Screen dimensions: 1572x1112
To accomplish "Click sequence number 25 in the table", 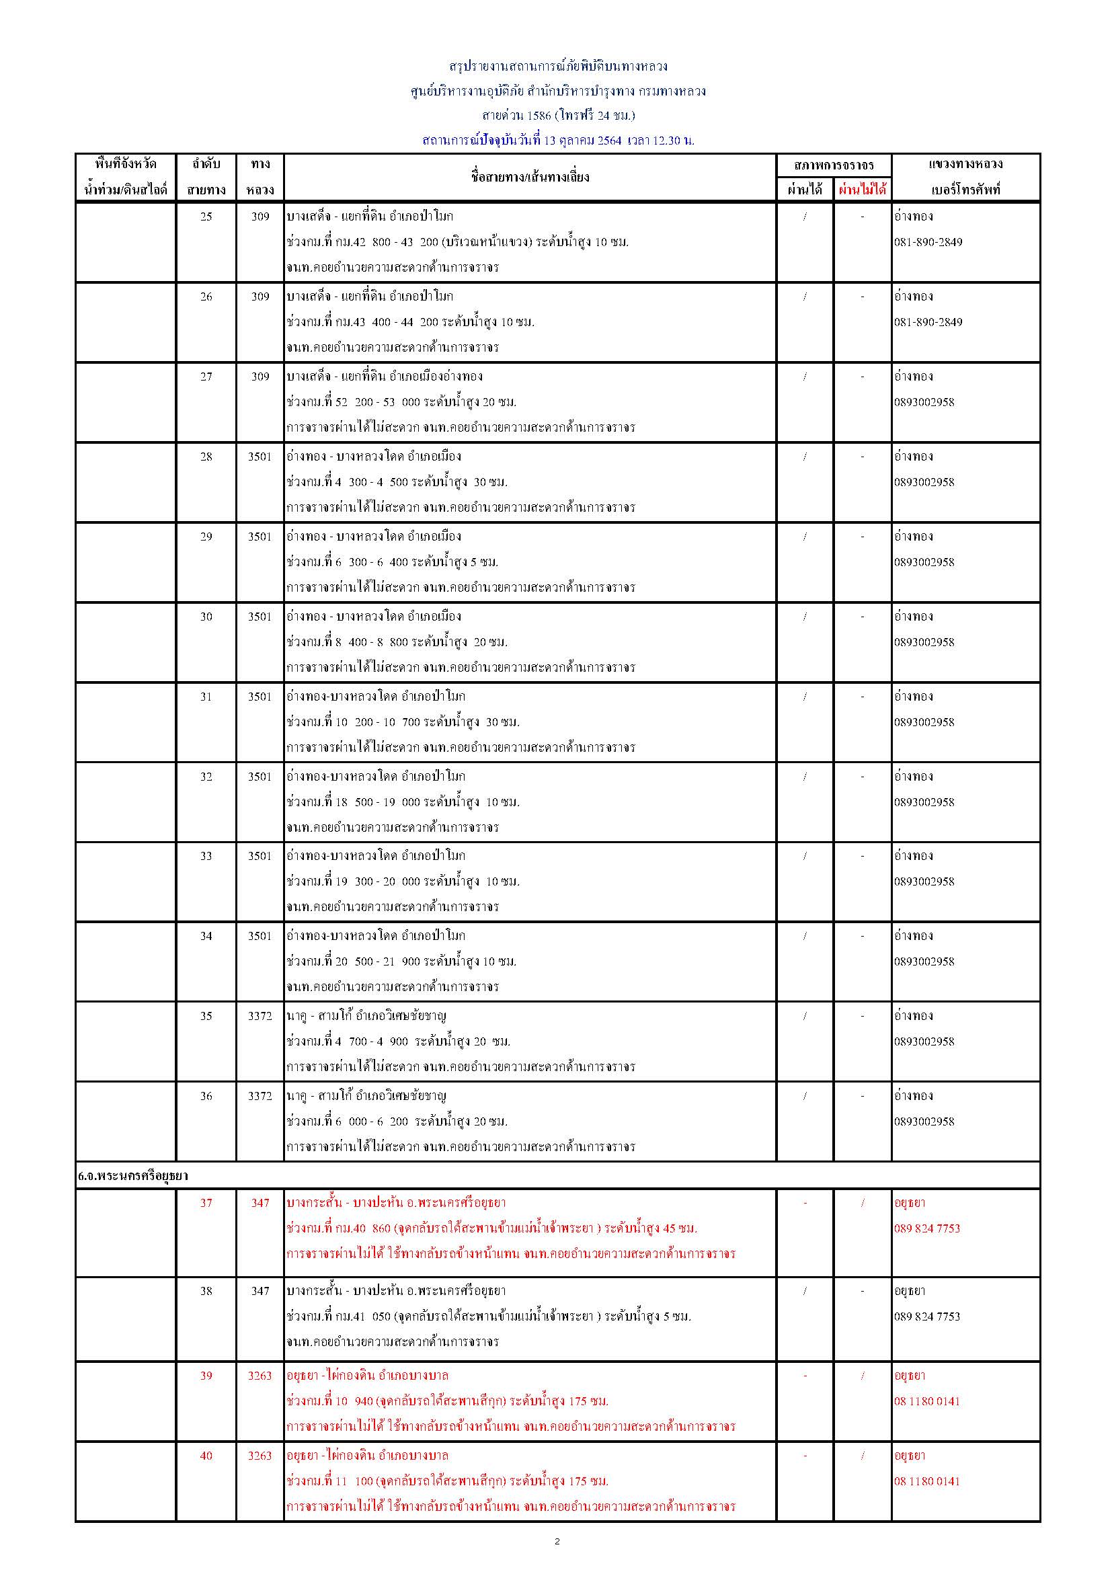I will pos(206,217).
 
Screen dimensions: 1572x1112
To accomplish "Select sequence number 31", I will pos(206,697).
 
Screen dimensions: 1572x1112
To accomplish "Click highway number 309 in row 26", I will pos(260,297).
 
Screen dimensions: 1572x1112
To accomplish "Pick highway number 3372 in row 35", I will pos(260,1016).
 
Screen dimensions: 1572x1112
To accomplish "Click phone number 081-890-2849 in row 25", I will pos(928,242).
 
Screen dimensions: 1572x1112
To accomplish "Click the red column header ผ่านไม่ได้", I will pos(862,190).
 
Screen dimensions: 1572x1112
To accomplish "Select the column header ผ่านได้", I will pos(805,190).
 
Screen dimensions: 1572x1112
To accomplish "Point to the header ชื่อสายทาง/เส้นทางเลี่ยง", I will pos(530,177).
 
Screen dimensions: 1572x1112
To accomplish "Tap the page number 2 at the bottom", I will pos(557,1542).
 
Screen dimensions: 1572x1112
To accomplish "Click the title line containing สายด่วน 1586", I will pos(558,115).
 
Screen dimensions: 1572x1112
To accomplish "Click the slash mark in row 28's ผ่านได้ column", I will pos(805,457).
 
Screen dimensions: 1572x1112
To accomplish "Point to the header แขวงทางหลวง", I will pos(965,164).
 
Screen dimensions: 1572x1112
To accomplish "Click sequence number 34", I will pos(206,936).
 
